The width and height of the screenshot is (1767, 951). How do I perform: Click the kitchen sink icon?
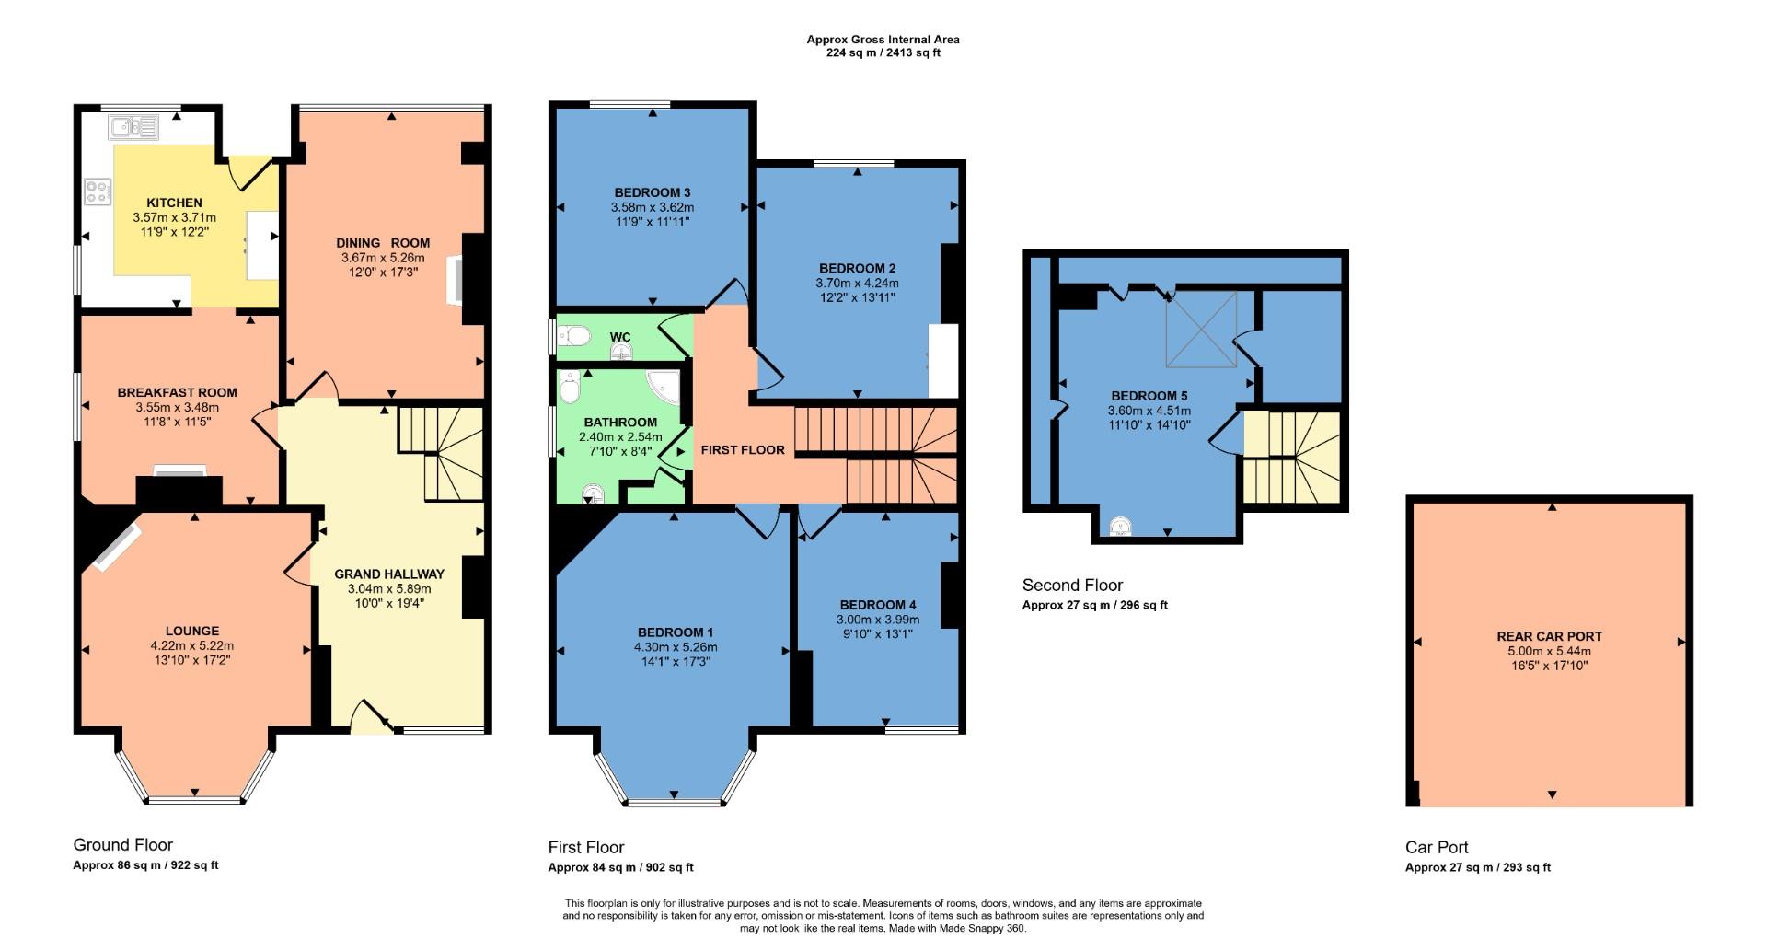tap(133, 126)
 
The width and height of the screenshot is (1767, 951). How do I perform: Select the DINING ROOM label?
tap(383, 243)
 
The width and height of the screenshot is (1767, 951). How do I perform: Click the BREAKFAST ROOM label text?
tap(177, 392)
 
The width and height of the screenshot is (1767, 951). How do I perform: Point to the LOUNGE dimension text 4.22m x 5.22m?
tap(192, 645)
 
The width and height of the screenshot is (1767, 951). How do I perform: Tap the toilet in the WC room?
tap(573, 336)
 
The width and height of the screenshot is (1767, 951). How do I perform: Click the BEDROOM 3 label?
tap(652, 192)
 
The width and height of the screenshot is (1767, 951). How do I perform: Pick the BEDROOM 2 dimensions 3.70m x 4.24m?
tap(857, 283)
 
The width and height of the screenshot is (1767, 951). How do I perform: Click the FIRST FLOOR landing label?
tap(743, 450)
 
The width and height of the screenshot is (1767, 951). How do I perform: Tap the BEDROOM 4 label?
tap(877, 605)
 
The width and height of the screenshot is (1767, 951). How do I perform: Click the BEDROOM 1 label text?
tap(675, 632)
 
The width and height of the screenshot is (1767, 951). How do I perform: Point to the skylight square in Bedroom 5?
tap(1200, 329)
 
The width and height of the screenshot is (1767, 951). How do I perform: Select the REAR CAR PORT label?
tap(1549, 636)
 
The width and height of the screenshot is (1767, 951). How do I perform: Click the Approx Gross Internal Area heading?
tap(883, 40)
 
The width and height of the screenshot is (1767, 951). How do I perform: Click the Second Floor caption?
tap(1072, 585)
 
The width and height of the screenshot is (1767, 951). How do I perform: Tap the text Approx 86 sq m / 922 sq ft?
tap(145, 865)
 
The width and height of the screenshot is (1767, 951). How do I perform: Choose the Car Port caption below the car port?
tap(1437, 847)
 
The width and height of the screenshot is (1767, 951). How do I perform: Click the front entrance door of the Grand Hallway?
tap(371, 717)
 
